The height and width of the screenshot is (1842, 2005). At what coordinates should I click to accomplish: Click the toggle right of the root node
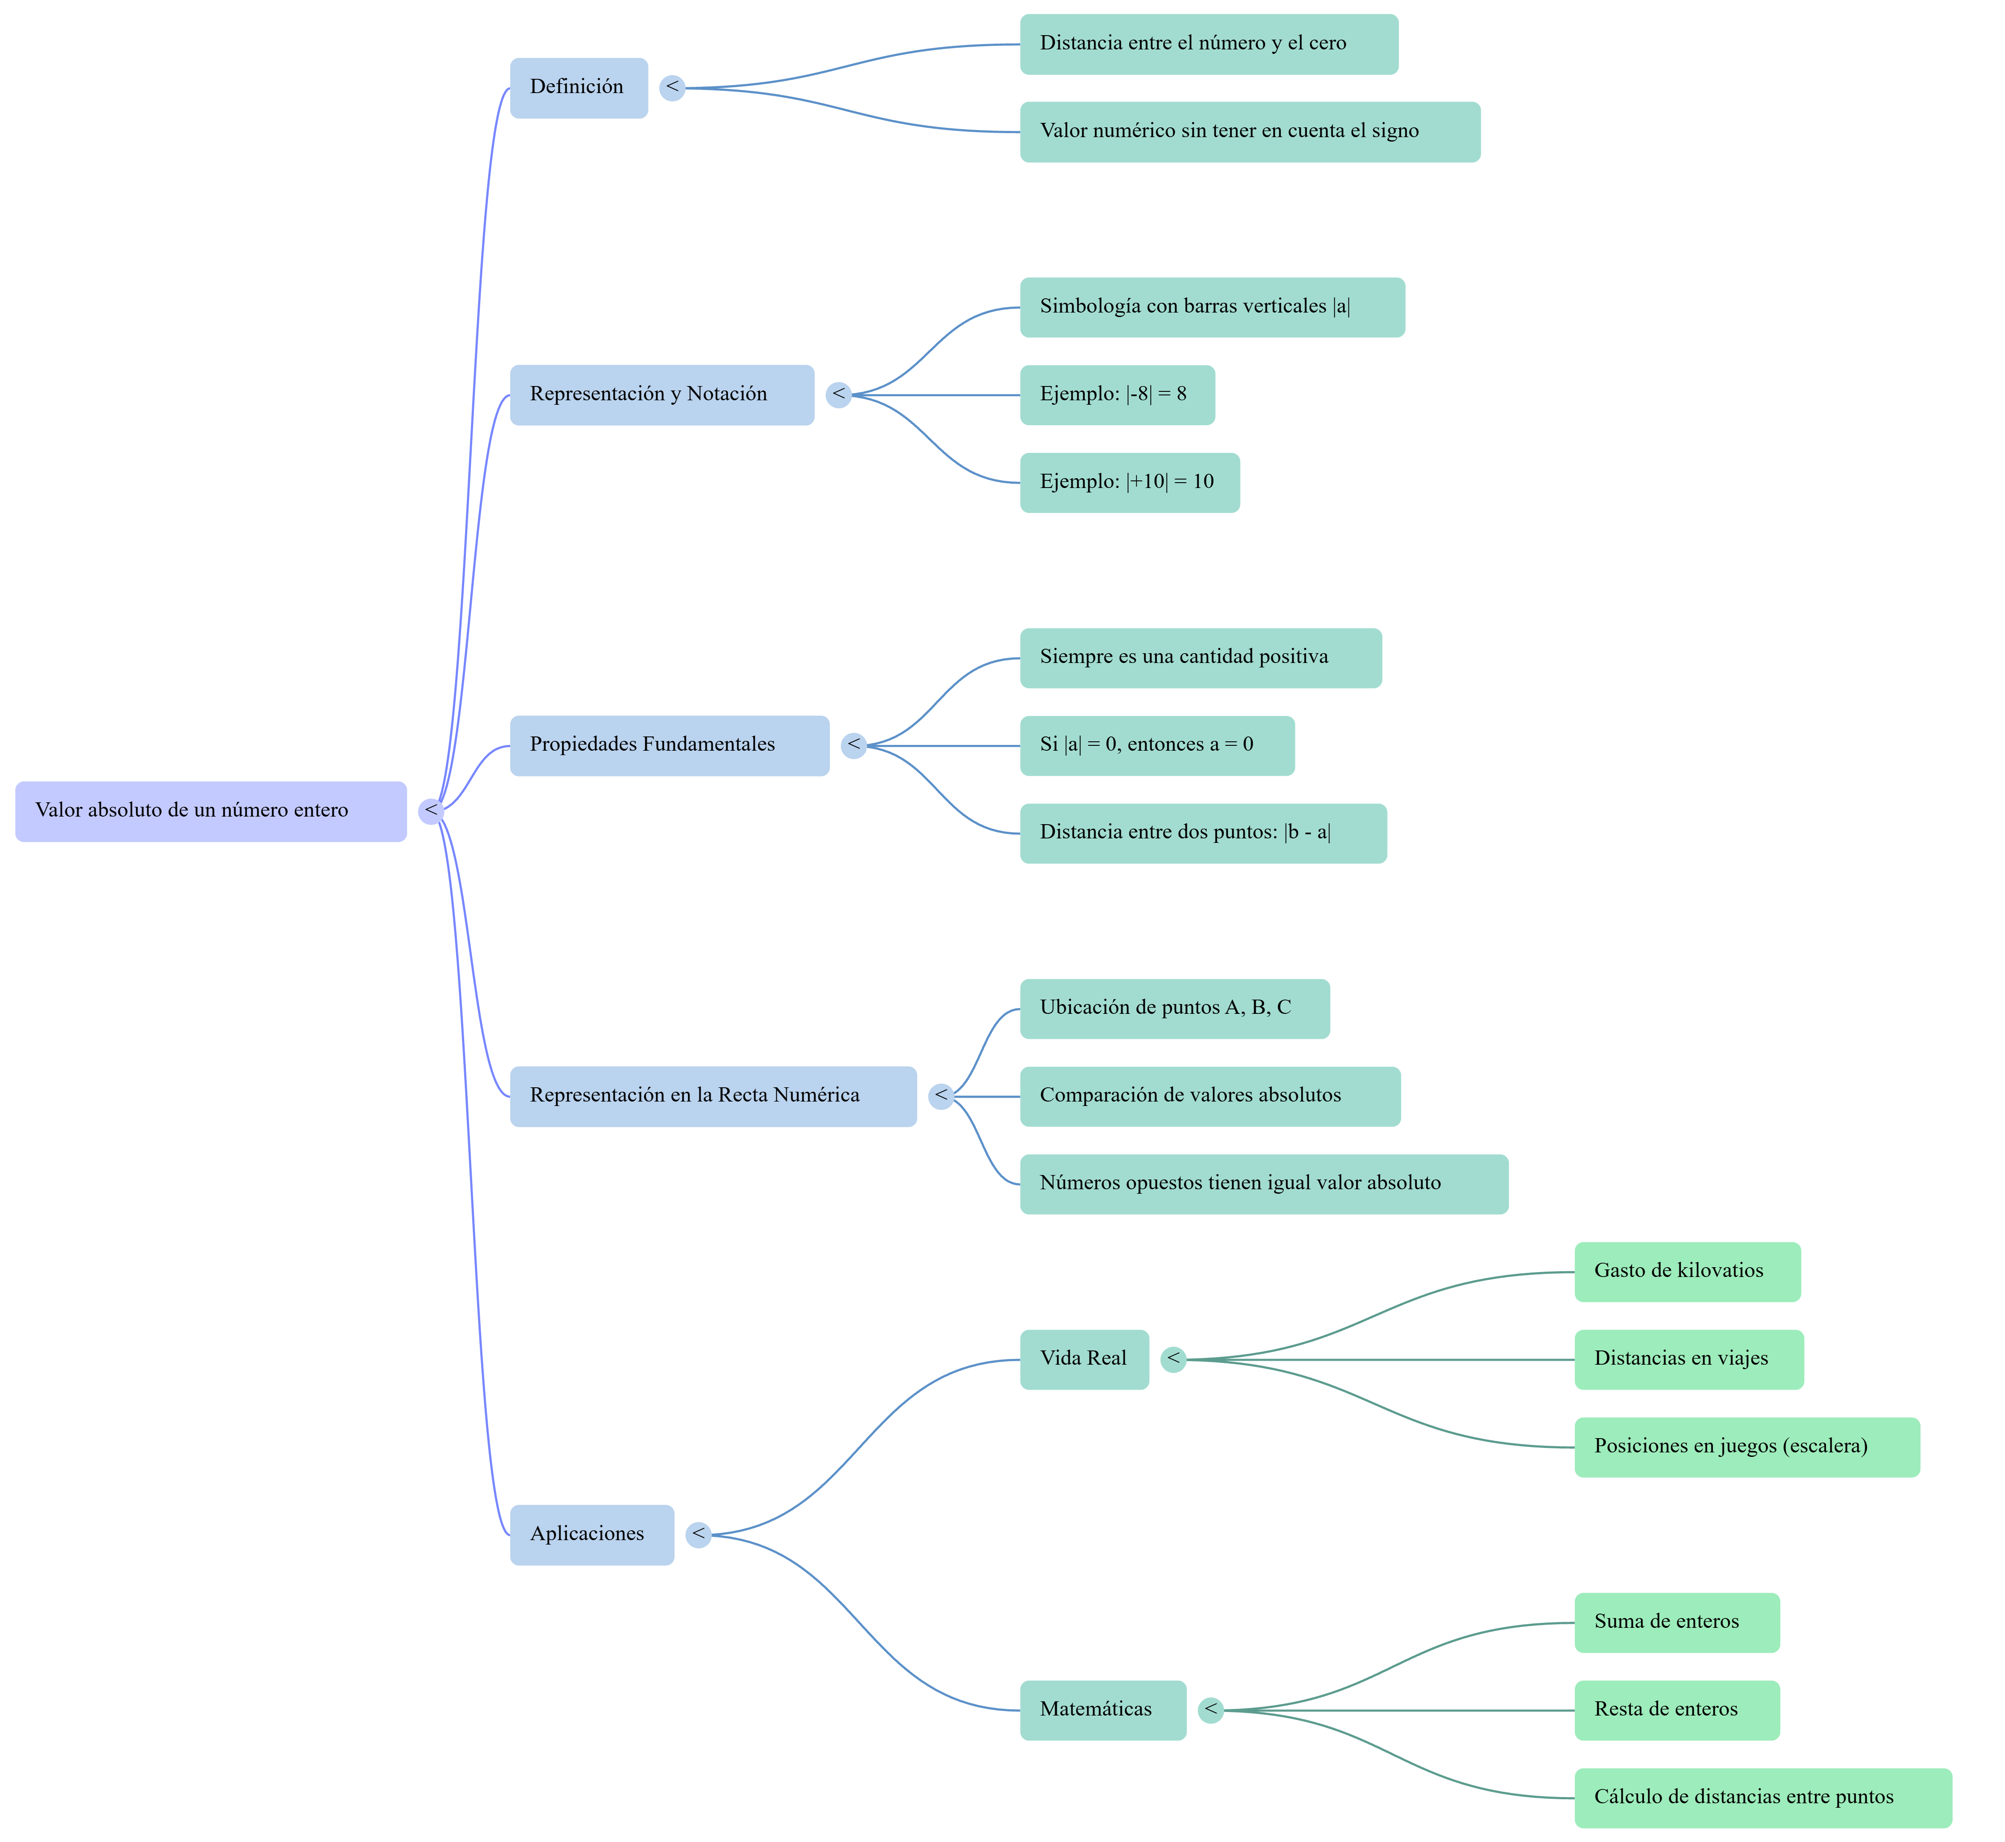(x=431, y=811)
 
